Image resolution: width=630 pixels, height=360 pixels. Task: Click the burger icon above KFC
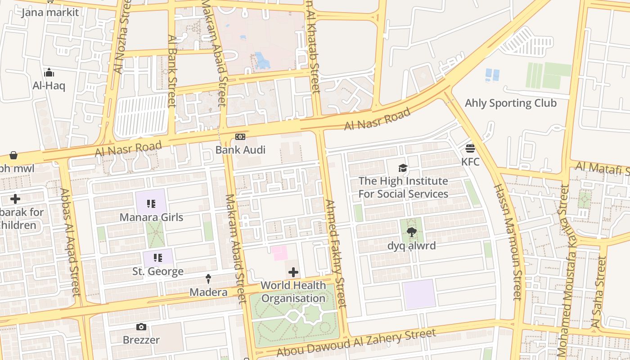pyautogui.click(x=470, y=148)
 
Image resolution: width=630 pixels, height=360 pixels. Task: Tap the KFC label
pyautogui.click(x=470, y=162)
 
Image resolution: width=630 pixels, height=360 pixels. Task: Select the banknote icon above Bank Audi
pyautogui.click(x=240, y=137)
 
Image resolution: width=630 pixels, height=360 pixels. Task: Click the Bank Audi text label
pyautogui.click(x=240, y=150)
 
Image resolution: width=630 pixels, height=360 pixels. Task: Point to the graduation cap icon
pyautogui.click(x=403, y=168)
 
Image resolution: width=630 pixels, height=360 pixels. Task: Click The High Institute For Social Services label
pyautogui.click(x=403, y=188)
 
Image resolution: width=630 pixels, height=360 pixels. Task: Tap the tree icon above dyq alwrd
pyautogui.click(x=411, y=233)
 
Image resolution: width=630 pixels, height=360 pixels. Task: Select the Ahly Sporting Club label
pyautogui.click(x=510, y=103)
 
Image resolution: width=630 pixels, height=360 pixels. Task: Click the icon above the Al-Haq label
pyautogui.click(x=49, y=73)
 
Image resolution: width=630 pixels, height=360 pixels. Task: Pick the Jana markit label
pyautogui.click(x=50, y=12)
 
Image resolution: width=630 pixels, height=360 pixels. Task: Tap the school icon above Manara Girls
pyautogui.click(x=151, y=204)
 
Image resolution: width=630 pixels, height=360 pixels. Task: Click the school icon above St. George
pyautogui.click(x=157, y=258)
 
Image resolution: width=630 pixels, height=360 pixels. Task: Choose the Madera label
pyautogui.click(x=208, y=292)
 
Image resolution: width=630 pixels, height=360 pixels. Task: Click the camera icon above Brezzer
pyautogui.click(x=141, y=327)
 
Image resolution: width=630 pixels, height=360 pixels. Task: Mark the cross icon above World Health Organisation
pyautogui.click(x=293, y=272)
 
